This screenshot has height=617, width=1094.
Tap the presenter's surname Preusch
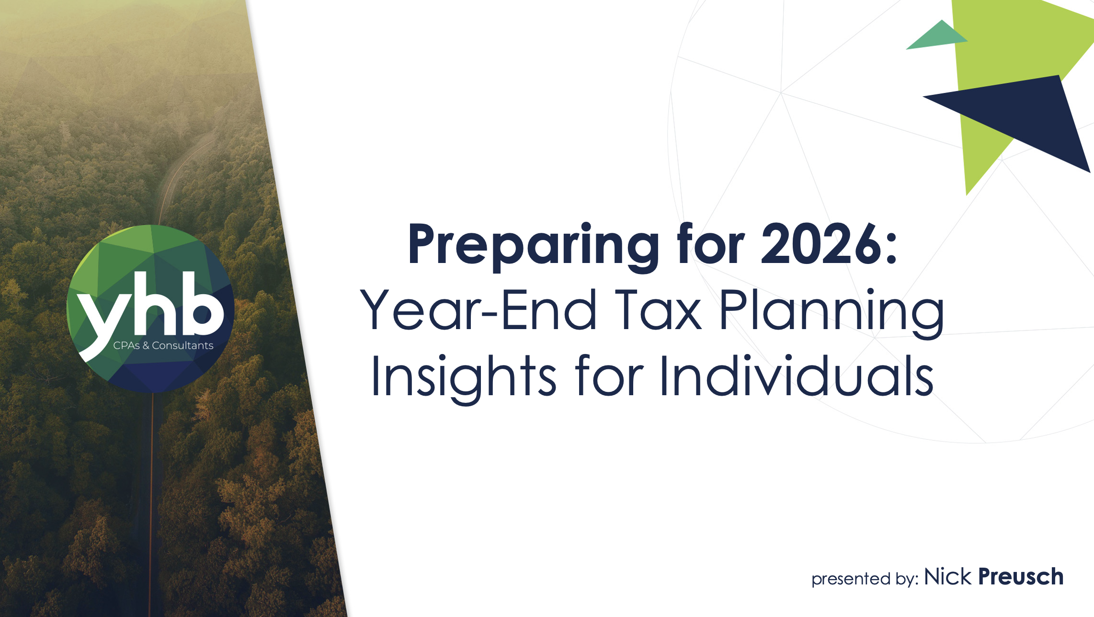(1021, 577)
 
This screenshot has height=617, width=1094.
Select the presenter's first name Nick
(948, 577)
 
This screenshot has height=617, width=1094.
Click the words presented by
(865, 579)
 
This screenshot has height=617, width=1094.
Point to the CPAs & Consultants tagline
(163, 345)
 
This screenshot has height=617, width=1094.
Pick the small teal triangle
(937, 36)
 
